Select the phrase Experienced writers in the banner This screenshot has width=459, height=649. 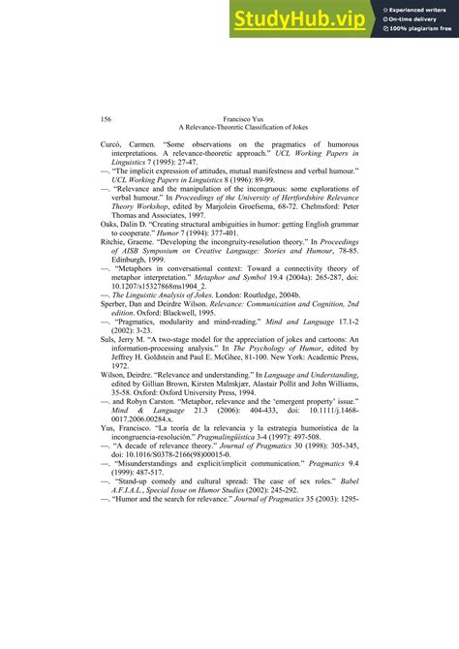(417, 8)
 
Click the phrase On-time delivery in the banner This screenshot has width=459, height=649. (414, 18)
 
